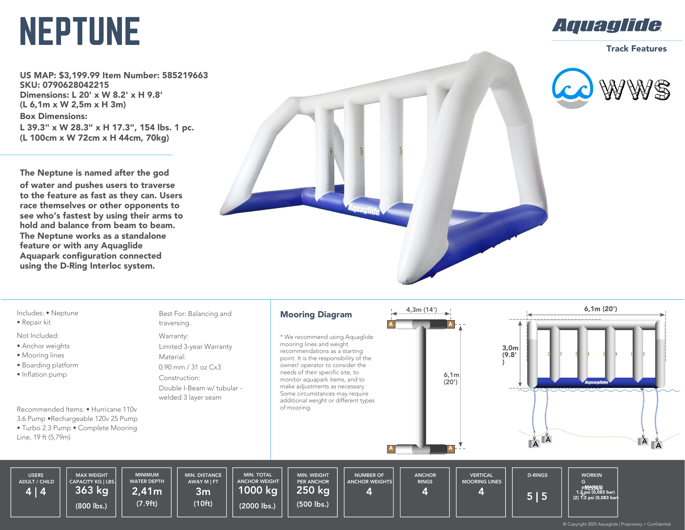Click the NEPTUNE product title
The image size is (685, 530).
[x=80, y=31]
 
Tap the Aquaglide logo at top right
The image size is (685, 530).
[x=607, y=26]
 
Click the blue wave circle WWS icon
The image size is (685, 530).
[x=572, y=88]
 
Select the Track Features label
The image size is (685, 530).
[x=636, y=49]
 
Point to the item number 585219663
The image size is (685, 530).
[x=185, y=75]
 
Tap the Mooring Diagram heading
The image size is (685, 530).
[x=316, y=315]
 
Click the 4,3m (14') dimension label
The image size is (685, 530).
[x=421, y=310]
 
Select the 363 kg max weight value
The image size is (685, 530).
[x=91, y=490]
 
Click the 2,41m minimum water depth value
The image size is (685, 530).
[x=147, y=491]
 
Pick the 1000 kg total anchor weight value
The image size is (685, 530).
[x=258, y=490]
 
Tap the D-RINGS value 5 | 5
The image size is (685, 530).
[x=537, y=496]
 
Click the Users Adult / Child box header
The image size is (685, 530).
[x=36, y=478]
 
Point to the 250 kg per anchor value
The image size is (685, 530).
[x=313, y=490]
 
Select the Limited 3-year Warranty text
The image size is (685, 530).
[x=195, y=346]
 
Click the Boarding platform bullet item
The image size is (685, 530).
[x=50, y=365]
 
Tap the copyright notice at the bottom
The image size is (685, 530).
[x=616, y=524]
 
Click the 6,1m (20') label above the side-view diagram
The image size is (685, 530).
[x=600, y=309]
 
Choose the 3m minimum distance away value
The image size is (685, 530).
[x=203, y=492]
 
